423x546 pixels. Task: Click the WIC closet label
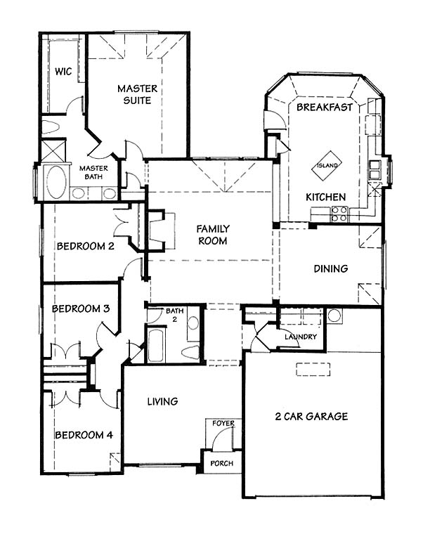pyautogui.click(x=63, y=72)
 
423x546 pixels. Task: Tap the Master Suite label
pyautogui.click(x=138, y=94)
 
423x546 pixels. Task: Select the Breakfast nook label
pyautogui.click(x=325, y=108)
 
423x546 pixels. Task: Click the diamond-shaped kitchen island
pyautogui.click(x=327, y=165)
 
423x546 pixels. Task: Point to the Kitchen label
pyautogui.click(x=326, y=197)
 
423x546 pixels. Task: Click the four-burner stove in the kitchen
pyautogui.click(x=339, y=214)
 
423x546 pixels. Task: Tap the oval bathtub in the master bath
pyautogui.click(x=56, y=183)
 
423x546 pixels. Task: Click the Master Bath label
pyautogui.click(x=93, y=172)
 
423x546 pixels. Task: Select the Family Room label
pyautogui.click(x=213, y=235)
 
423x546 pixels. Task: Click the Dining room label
pyautogui.click(x=331, y=268)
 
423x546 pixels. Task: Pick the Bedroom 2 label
pyautogui.click(x=86, y=246)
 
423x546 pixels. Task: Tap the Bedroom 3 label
pyautogui.click(x=81, y=308)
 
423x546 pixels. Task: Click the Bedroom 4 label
pyautogui.click(x=84, y=435)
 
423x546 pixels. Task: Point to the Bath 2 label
pyautogui.click(x=174, y=314)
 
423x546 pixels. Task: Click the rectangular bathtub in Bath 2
pyautogui.click(x=155, y=345)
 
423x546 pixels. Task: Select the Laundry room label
pyautogui.click(x=301, y=337)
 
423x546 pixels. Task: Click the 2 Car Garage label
pyautogui.click(x=311, y=416)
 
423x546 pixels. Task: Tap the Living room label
pyautogui.click(x=162, y=401)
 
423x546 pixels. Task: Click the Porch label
pyautogui.click(x=222, y=464)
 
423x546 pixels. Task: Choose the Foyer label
pyautogui.click(x=223, y=424)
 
